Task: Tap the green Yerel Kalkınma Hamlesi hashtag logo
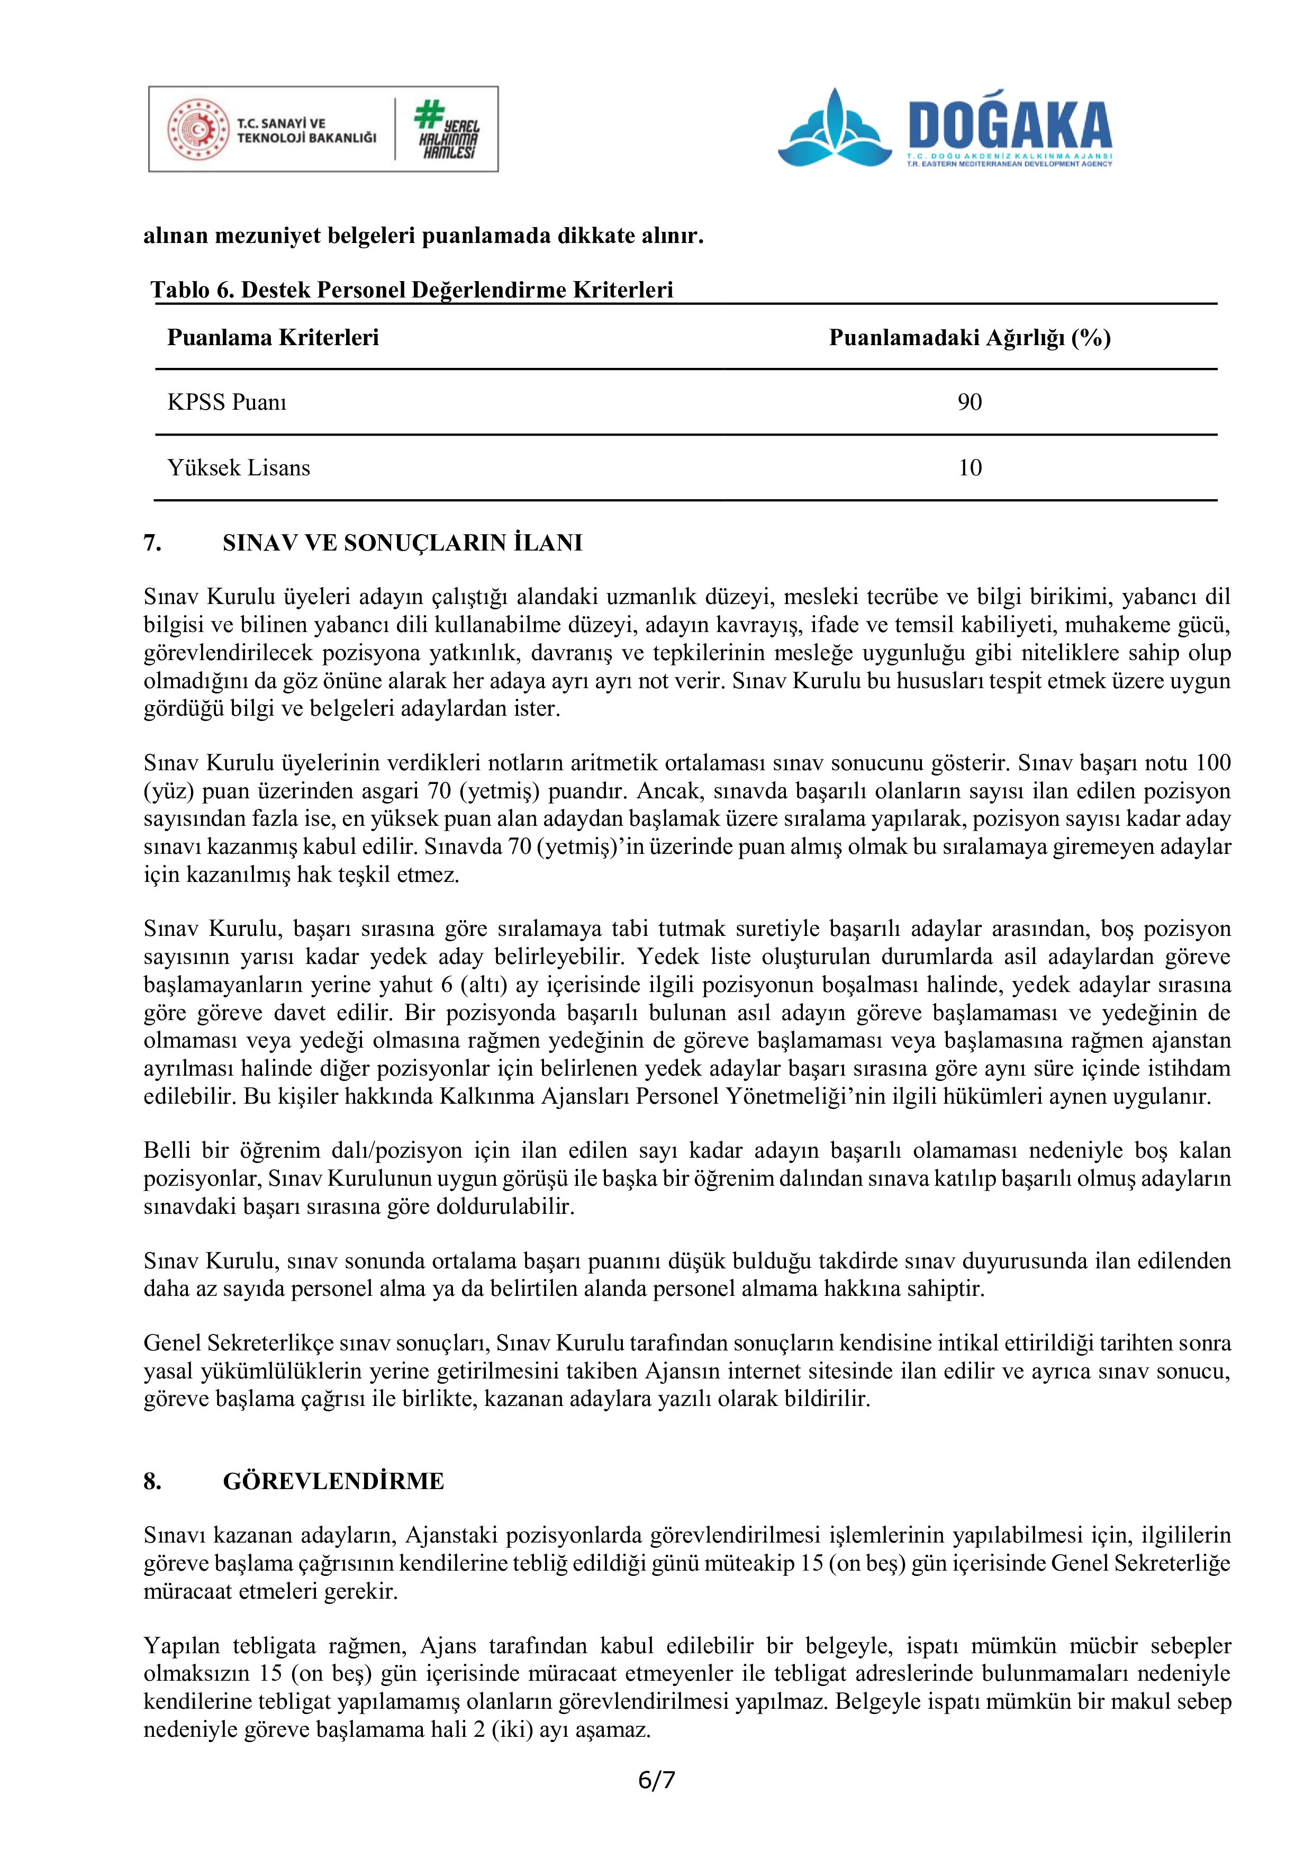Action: tap(446, 129)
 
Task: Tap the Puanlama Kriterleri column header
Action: tap(273, 337)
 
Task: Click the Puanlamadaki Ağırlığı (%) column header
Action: tap(970, 337)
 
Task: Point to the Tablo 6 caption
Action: tap(412, 290)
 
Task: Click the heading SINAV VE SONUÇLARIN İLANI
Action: tap(402, 543)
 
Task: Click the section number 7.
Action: tap(153, 543)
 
